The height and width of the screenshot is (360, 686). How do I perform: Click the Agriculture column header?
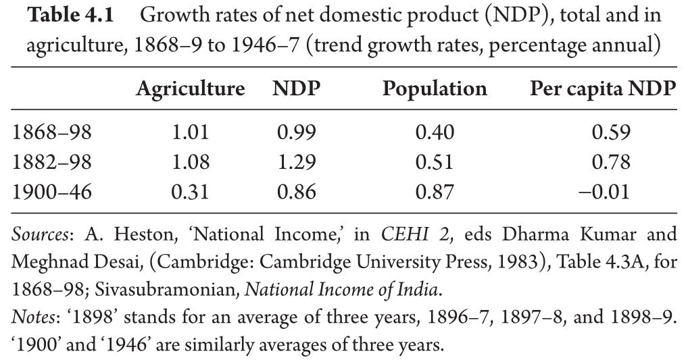tap(191, 89)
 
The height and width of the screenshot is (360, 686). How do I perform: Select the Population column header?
tap(435, 88)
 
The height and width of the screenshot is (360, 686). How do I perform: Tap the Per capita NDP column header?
tap(603, 89)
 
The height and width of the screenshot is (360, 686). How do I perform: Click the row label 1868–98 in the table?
tap(51, 132)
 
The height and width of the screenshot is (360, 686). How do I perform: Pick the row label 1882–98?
tap(51, 162)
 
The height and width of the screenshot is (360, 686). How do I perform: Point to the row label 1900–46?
tap(51, 192)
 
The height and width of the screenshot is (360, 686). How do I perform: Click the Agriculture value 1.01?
tap(191, 132)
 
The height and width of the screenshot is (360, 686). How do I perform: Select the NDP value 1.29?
tap(296, 162)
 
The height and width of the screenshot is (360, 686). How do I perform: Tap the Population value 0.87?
tap(435, 192)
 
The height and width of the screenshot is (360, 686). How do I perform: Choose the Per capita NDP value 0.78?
tap(611, 162)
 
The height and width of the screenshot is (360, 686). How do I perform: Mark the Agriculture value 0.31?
tap(191, 192)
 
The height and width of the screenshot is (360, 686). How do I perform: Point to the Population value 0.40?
tap(435, 132)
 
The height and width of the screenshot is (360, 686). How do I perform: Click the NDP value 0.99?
tap(296, 132)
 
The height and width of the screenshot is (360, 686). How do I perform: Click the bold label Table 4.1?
tap(70, 16)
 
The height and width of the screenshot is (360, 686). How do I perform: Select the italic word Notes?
tap(33, 317)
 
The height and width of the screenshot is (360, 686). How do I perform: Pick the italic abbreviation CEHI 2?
tap(415, 234)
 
